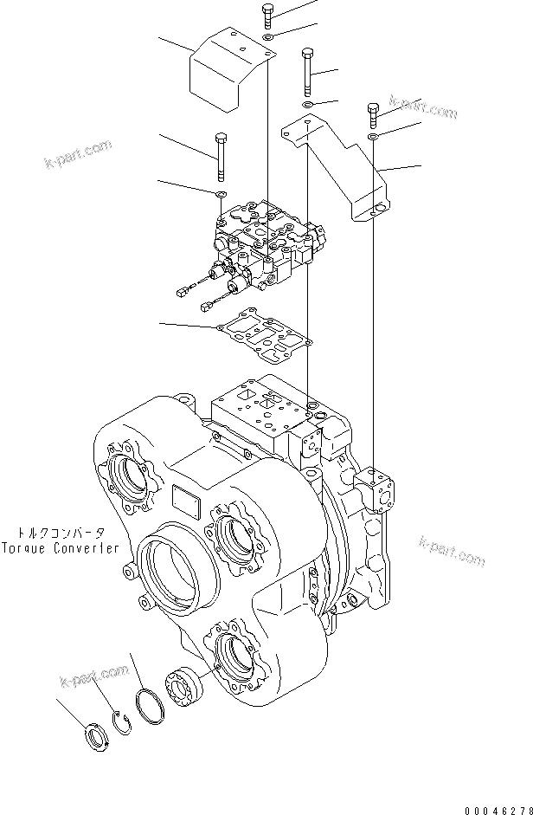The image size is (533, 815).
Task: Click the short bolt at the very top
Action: tap(266, 16)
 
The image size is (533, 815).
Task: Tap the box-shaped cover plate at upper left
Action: tap(227, 72)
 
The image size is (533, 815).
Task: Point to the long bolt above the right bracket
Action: tap(306, 72)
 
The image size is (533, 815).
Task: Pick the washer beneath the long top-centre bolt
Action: tap(308, 105)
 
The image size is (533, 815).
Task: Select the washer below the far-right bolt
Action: tap(373, 137)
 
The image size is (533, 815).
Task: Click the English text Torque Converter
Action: tap(62, 548)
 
